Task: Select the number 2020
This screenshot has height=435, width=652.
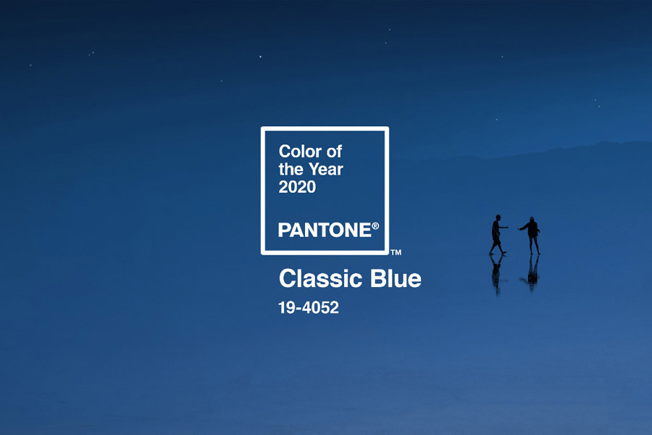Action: (x=297, y=187)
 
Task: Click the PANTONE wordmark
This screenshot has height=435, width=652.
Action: (x=325, y=231)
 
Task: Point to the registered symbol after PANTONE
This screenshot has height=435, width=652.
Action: (x=375, y=226)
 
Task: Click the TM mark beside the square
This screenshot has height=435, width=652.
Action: (x=396, y=252)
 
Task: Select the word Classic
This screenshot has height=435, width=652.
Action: (x=321, y=278)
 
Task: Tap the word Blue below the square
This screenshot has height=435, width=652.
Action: (x=396, y=278)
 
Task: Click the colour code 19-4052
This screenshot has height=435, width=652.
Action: (x=309, y=308)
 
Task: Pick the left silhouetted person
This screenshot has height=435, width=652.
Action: (x=497, y=235)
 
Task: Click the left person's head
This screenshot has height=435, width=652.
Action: (x=498, y=217)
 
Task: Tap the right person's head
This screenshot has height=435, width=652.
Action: (x=532, y=220)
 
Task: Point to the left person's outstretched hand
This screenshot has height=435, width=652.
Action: (x=506, y=227)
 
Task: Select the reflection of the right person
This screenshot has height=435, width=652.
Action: (x=532, y=273)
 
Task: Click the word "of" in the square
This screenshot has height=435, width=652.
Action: (x=334, y=152)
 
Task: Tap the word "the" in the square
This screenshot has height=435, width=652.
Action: (x=291, y=170)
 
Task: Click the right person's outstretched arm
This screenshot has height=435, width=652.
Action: (x=522, y=227)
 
